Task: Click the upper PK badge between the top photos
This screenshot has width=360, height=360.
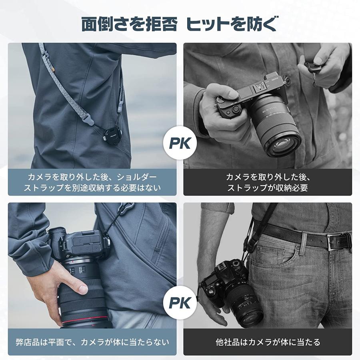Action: coord(180,142)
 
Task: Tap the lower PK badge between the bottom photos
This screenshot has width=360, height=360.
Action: coord(180,303)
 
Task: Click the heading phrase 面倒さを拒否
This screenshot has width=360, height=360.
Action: coord(129,24)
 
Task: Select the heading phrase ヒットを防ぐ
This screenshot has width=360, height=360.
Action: coord(232,24)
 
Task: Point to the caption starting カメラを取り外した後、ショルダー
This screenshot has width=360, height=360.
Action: coord(92,176)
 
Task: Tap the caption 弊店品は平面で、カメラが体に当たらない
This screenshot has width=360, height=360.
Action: coord(92,342)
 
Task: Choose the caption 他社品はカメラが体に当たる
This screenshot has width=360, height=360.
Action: coord(268,342)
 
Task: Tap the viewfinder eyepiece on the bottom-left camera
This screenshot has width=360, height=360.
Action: coord(57,236)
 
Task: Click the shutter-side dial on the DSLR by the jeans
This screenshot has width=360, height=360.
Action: coord(237,264)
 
